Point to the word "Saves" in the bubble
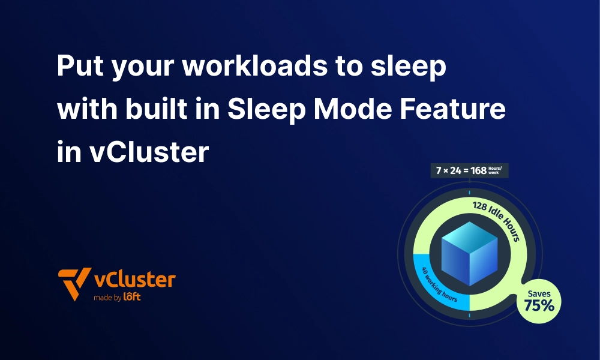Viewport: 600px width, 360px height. point(539,293)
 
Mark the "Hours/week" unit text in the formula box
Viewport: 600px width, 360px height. point(499,170)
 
